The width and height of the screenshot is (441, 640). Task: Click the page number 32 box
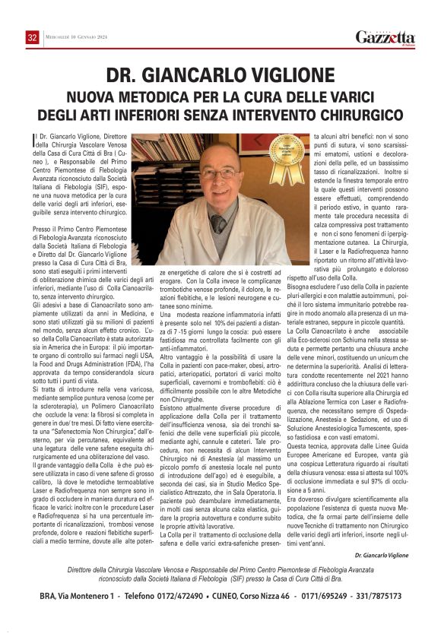tap(32, 38)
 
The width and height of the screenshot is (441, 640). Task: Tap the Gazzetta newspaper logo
tap(385, 37)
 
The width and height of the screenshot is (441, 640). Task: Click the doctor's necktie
tap(218, 223)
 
